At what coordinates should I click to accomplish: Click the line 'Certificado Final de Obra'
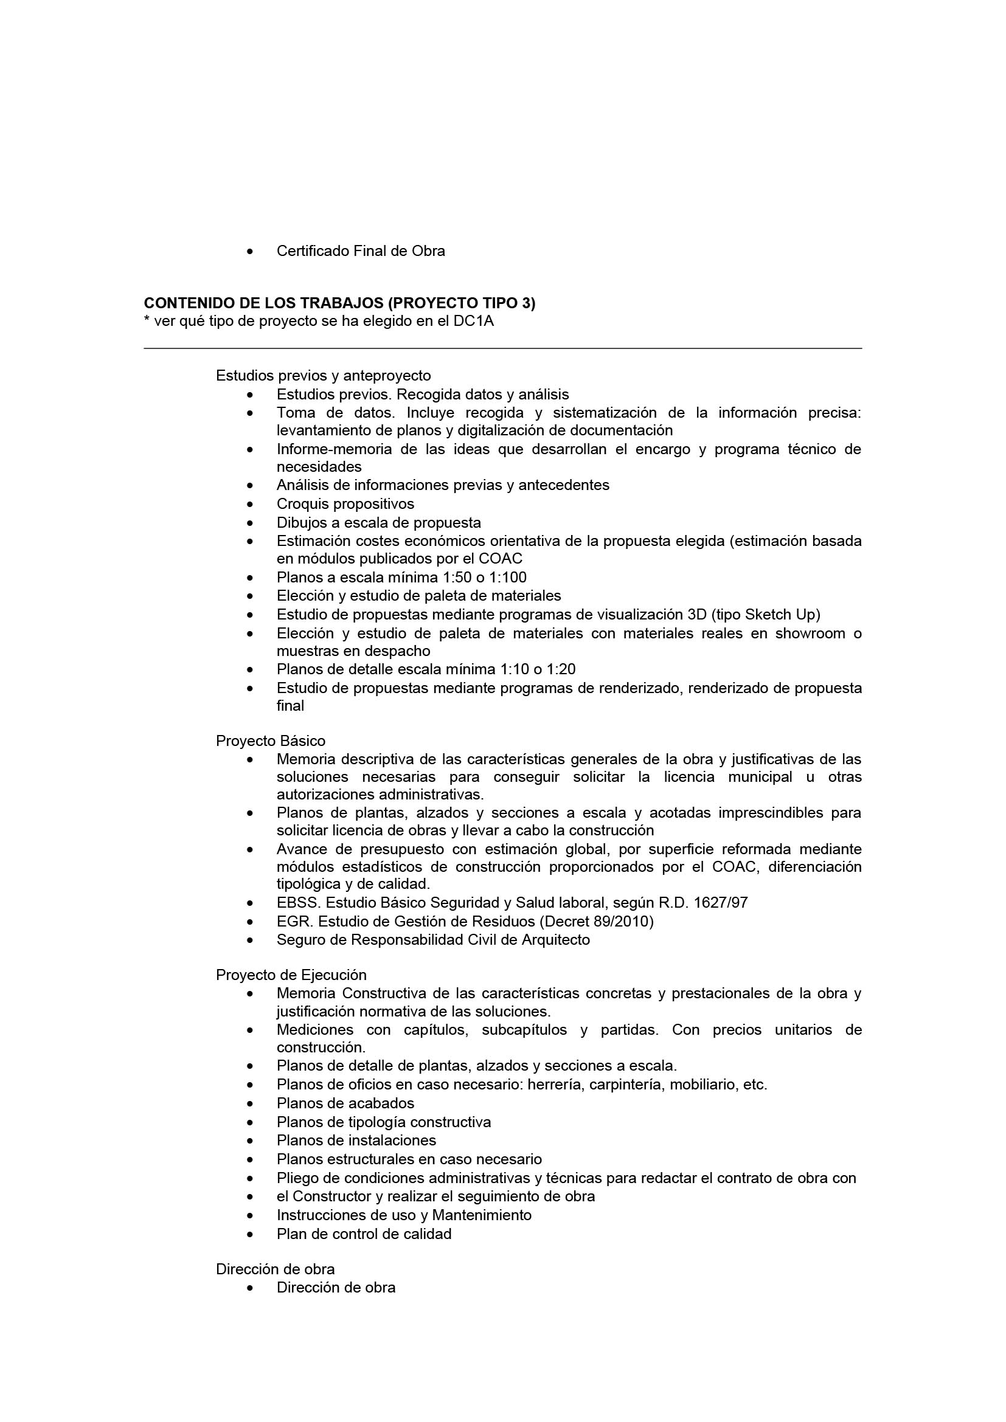click(361, 252)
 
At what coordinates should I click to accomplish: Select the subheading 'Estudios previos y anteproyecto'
click(323, 375)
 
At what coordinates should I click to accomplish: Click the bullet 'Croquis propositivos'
click(345, 503)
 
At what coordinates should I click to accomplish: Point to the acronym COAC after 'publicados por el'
click(501, 559)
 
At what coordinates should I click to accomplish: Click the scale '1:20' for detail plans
click(561, 669)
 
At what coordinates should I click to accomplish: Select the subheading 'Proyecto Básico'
click(270, 740)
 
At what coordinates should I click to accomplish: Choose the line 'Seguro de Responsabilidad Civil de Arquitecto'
click(433, 939)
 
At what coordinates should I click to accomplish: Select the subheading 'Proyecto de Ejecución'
click(291, 975)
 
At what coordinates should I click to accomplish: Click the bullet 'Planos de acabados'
click(345, 1103)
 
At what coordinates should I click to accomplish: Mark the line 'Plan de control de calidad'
click(364, 1234)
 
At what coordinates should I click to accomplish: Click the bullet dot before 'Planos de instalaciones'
click(249, 1141)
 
